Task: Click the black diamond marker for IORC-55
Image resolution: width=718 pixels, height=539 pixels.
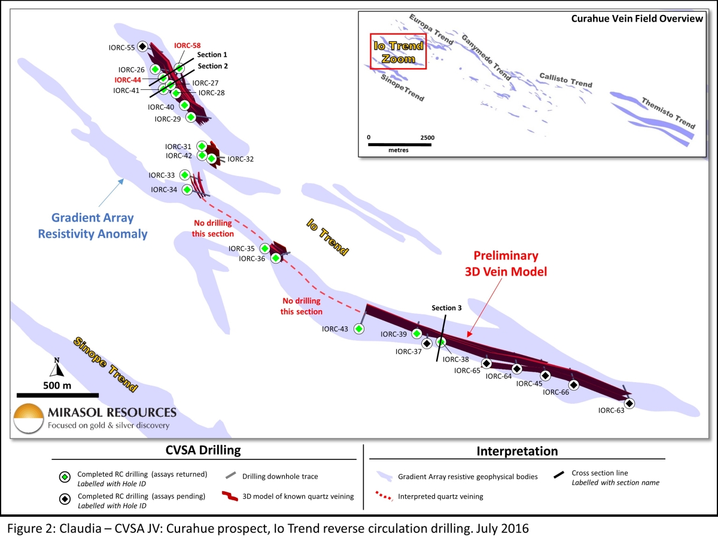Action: [142, 47]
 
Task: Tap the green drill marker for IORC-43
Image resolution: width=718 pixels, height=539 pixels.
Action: [359, 329]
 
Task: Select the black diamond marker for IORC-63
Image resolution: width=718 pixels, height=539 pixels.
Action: [629, 404]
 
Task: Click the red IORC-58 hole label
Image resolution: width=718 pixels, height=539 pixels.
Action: [187, 46]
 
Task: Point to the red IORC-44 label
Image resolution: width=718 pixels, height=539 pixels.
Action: [127, 80]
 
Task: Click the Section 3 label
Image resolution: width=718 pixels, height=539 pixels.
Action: [446, 308]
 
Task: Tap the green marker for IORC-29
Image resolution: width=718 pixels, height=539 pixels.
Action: [191, 117]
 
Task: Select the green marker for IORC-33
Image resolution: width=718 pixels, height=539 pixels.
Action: [185, 175]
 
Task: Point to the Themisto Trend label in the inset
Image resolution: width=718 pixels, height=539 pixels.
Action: [668, 113]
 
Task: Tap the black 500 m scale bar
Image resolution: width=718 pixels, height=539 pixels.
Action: [57, 395]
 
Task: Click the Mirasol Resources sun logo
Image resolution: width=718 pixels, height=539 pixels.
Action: [29, 419]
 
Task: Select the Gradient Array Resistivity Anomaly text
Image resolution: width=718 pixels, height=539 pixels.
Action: [93, 226]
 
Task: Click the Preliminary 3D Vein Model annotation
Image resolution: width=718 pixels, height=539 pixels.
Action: [506, 264]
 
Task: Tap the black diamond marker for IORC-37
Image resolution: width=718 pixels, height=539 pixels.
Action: [427, 344]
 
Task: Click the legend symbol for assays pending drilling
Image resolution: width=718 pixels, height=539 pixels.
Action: [65, 499]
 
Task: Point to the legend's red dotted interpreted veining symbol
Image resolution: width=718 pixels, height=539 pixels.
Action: [384, 496]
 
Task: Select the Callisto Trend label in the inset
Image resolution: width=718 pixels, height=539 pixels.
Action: [565, 80]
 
